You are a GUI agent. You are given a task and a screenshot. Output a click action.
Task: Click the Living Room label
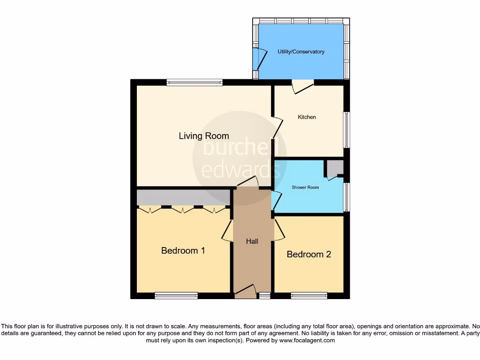coord(204,136)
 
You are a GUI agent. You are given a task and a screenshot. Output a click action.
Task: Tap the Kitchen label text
coord(307,117)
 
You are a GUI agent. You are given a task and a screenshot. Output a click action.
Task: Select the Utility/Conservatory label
coord(300,52)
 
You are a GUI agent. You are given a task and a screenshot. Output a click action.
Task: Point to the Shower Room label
coord(305,187)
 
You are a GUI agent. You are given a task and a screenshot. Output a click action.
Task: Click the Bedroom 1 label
coord(183,250)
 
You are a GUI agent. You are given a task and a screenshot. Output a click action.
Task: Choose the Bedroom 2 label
coord(309,254)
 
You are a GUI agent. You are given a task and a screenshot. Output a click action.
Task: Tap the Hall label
coord(252,241)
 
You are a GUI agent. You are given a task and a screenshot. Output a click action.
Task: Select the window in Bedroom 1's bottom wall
coord(176,295)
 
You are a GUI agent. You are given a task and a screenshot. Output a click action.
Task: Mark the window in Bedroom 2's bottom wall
coord(309,295)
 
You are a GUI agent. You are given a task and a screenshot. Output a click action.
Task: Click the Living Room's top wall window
coord(194,82)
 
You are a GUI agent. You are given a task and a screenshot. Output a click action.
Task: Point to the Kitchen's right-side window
coord(347,130)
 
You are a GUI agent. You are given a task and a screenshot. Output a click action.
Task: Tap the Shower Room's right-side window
coord(347,197)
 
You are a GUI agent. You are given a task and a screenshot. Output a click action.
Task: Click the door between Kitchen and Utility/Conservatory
coord(302,87)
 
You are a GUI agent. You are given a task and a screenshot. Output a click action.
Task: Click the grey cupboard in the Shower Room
coord(335,168)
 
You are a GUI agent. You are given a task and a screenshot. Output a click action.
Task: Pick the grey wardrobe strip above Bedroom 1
coord(183,197)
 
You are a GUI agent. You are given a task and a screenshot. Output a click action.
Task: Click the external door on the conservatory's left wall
coord(259,58)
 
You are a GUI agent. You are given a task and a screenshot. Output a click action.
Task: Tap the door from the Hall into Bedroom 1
coord(227,231)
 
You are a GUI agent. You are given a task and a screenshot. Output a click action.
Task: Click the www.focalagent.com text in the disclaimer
coord(307,340)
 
